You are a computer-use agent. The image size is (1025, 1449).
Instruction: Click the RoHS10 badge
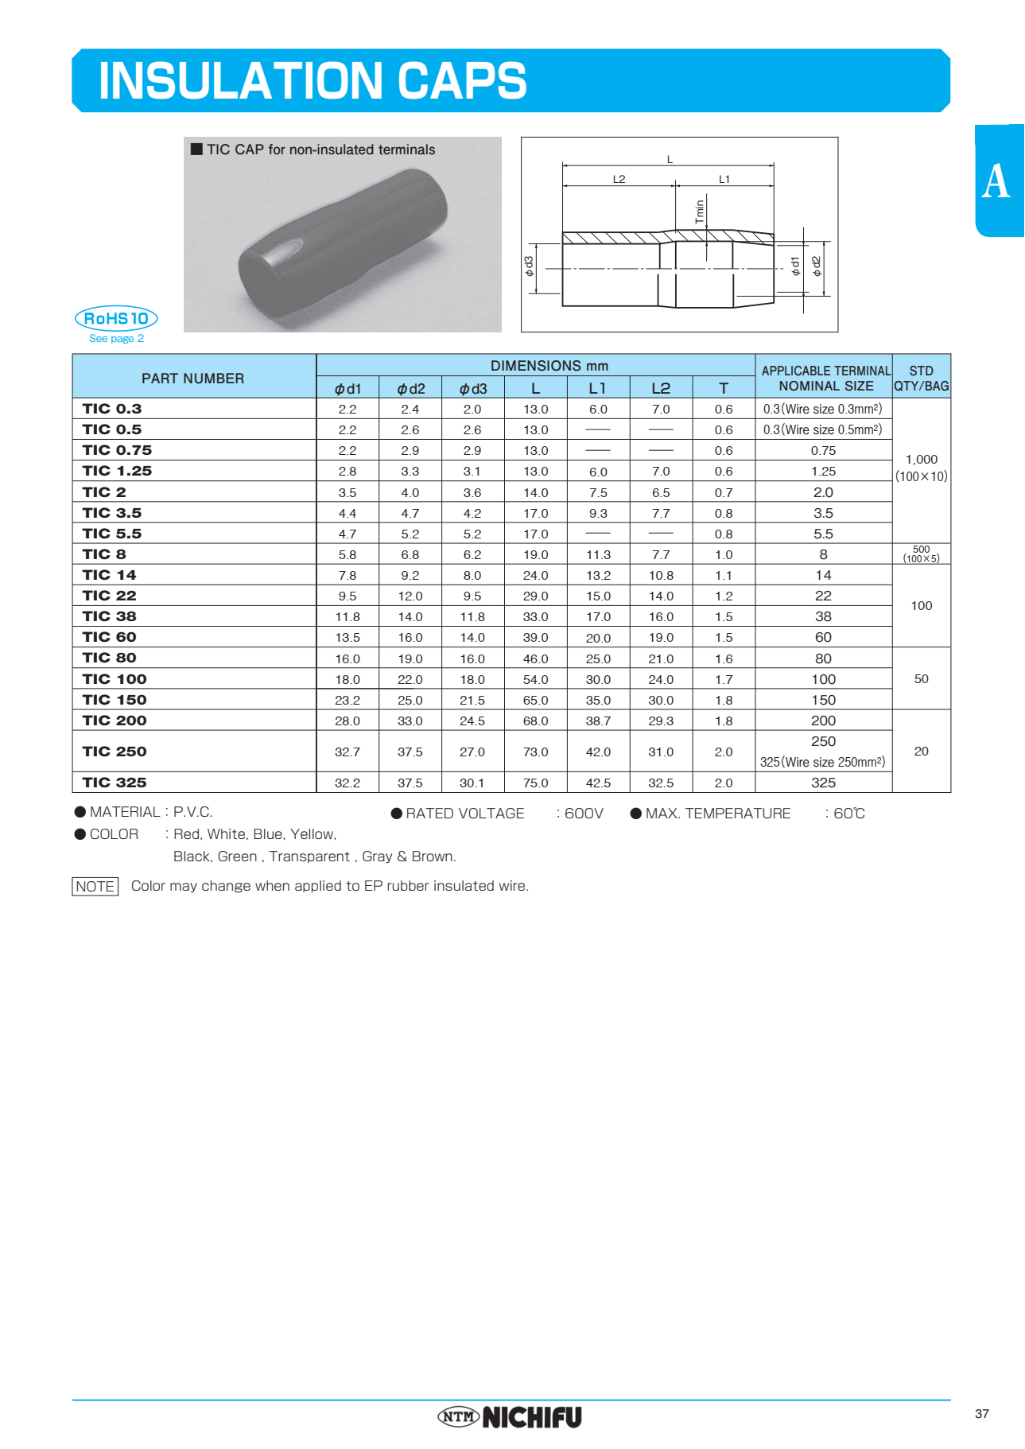116,318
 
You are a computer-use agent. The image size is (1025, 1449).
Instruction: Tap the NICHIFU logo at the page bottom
510,1416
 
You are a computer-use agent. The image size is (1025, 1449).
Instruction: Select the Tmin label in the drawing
700,211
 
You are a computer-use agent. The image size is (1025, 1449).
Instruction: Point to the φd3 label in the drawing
530,266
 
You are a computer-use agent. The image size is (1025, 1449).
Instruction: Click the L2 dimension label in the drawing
619,179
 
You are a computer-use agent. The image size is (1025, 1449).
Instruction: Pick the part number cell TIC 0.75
117,450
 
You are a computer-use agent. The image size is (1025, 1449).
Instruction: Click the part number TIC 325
115,783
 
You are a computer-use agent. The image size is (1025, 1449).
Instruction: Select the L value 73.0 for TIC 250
535,752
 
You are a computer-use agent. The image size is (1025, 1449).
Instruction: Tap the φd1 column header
347,388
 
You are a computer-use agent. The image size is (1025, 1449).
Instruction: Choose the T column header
723,388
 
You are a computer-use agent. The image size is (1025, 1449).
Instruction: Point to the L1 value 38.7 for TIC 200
598,721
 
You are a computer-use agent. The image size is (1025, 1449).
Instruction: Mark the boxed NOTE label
95,886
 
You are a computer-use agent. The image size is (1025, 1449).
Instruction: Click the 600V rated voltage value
584,814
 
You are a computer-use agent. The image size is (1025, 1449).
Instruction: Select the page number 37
981,1413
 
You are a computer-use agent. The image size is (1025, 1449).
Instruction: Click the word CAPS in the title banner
461,81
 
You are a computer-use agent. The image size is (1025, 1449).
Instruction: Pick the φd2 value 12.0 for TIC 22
410,596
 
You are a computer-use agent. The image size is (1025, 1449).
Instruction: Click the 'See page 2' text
116,339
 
